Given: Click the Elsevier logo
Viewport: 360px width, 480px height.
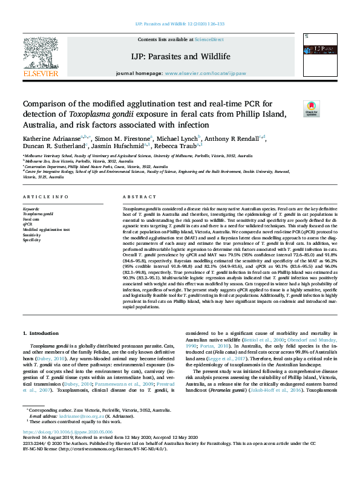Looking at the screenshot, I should [x=40, y=58].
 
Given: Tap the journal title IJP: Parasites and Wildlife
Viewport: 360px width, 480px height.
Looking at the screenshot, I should [x=181, y=56].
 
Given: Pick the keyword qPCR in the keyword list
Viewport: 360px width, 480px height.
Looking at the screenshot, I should [x=28, y=224].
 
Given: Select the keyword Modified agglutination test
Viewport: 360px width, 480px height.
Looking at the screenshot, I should [x=46, y=230].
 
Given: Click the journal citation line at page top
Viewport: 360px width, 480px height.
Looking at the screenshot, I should [x=180, y=24].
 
